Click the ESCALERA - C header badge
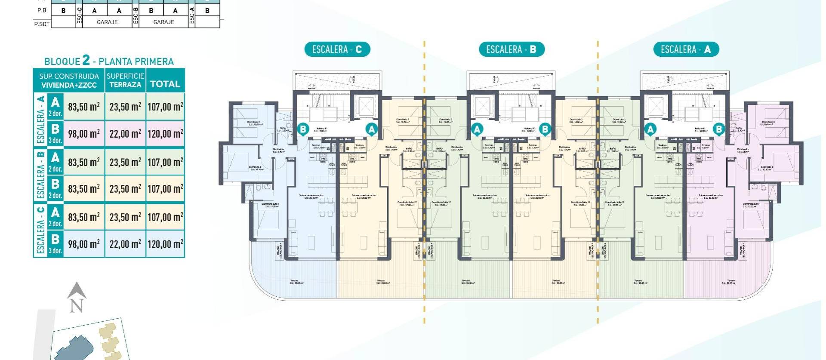click(337, 49)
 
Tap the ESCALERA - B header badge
click(511, 49)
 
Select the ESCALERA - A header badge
click(686, 49)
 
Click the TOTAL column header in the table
click(165, 84)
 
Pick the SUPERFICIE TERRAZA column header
click(125, 80)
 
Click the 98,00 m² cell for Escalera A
click(84, 134)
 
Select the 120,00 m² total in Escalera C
click(165, 244)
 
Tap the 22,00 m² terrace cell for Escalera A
click(125, 134)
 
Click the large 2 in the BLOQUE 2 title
click(86, 60)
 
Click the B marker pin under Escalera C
click(303, 129)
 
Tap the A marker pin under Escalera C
click(371, 129)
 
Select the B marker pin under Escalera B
click(545, 129)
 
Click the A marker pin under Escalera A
click(650, 129)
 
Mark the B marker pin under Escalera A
click(718, 129)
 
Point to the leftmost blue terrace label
click(296, 283)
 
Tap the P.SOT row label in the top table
click(42, 24)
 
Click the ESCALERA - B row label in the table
click(41, 175)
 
